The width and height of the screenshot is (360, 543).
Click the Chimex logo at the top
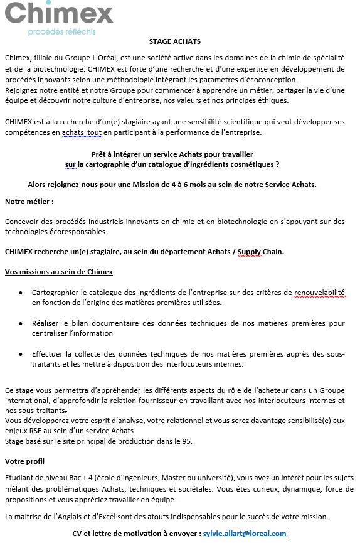(59, 13)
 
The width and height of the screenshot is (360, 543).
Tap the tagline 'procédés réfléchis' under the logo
(62, 31)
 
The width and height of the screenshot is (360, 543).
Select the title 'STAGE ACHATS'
(174, 41)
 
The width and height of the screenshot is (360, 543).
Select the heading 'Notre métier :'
(29, 202)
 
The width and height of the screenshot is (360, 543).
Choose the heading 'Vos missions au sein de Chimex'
(58, 272)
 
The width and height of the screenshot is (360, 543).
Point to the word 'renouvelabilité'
(319, 293)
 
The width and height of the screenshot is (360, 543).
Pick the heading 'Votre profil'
(24, 461)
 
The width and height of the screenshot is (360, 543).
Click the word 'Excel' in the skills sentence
(100, 517)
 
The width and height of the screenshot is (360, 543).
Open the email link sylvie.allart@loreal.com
(245, 533)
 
